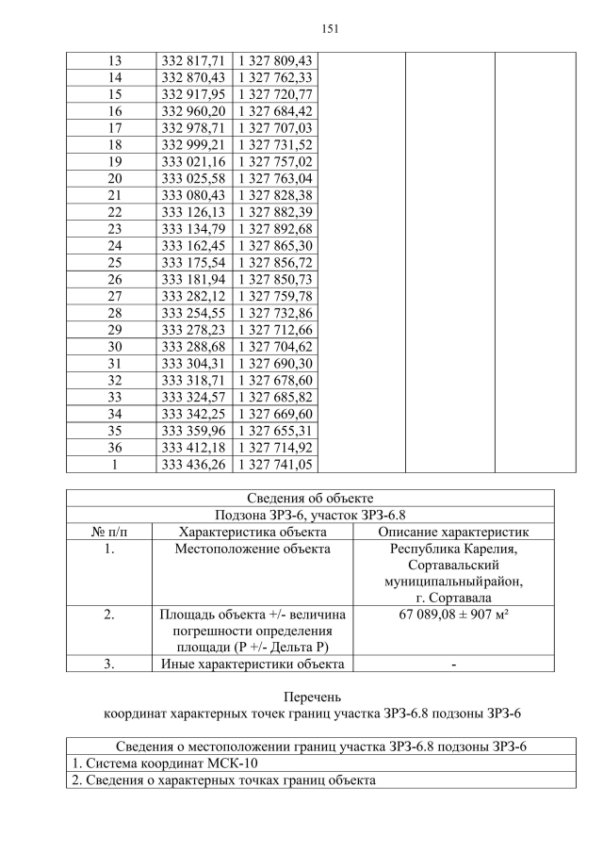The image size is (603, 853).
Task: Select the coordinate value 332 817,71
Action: click(x=192, y=60)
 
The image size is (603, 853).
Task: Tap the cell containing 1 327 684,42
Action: click(x=275, y=111)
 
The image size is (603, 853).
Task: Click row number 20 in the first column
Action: click(x=113, y=178)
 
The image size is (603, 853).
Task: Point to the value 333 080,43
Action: click(x=192, y=195)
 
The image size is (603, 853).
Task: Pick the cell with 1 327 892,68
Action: click(x=275, y=229)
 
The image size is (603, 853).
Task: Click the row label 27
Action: click(x=113, y=296)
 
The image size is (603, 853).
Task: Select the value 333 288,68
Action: click(x=192, y=347)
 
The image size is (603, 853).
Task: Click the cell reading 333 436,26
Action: click(x=192, y=465)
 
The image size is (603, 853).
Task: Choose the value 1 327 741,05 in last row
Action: click(x=275, y=465)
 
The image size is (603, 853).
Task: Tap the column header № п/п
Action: click(x=109, y=532)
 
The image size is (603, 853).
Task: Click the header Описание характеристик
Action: click(x=453, y=532)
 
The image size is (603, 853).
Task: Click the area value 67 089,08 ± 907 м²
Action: click(x=453, y=615)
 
